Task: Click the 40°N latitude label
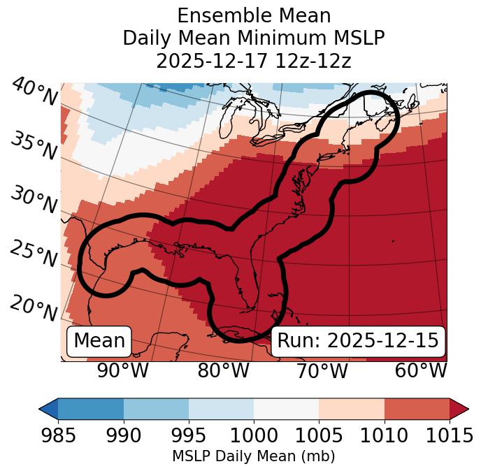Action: pyautogui.click(x=34, y=92)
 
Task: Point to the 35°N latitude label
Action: pyautogui.click(x=34, y=146)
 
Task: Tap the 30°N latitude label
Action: pyautogui.click(x=34, y=201)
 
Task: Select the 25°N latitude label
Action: pyautogui.click(x=34, y=254)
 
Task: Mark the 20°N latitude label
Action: pyautogui.click(x=34, y=307)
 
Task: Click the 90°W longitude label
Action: pyautogui.click(x=122, y=371)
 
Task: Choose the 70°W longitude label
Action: pyautogui.click(x=322, y=371)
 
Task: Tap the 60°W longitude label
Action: pyautogui.click(x=421, y=371)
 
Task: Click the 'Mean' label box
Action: pyautogui.click(x=99, y=341)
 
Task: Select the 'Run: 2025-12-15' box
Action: pyautogui.click(x=358, y=341)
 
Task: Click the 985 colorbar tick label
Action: pyautogui.click(x=58, y=436)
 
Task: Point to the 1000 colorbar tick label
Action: pyautogui.click(x=254, y=436)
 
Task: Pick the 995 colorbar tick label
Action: pyautogui.click(x=189, y=436)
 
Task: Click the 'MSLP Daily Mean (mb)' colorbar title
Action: pyautogui.click(x=253, y=457)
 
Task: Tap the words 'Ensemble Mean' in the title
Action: pyautogui.click(x=254, y=15)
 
